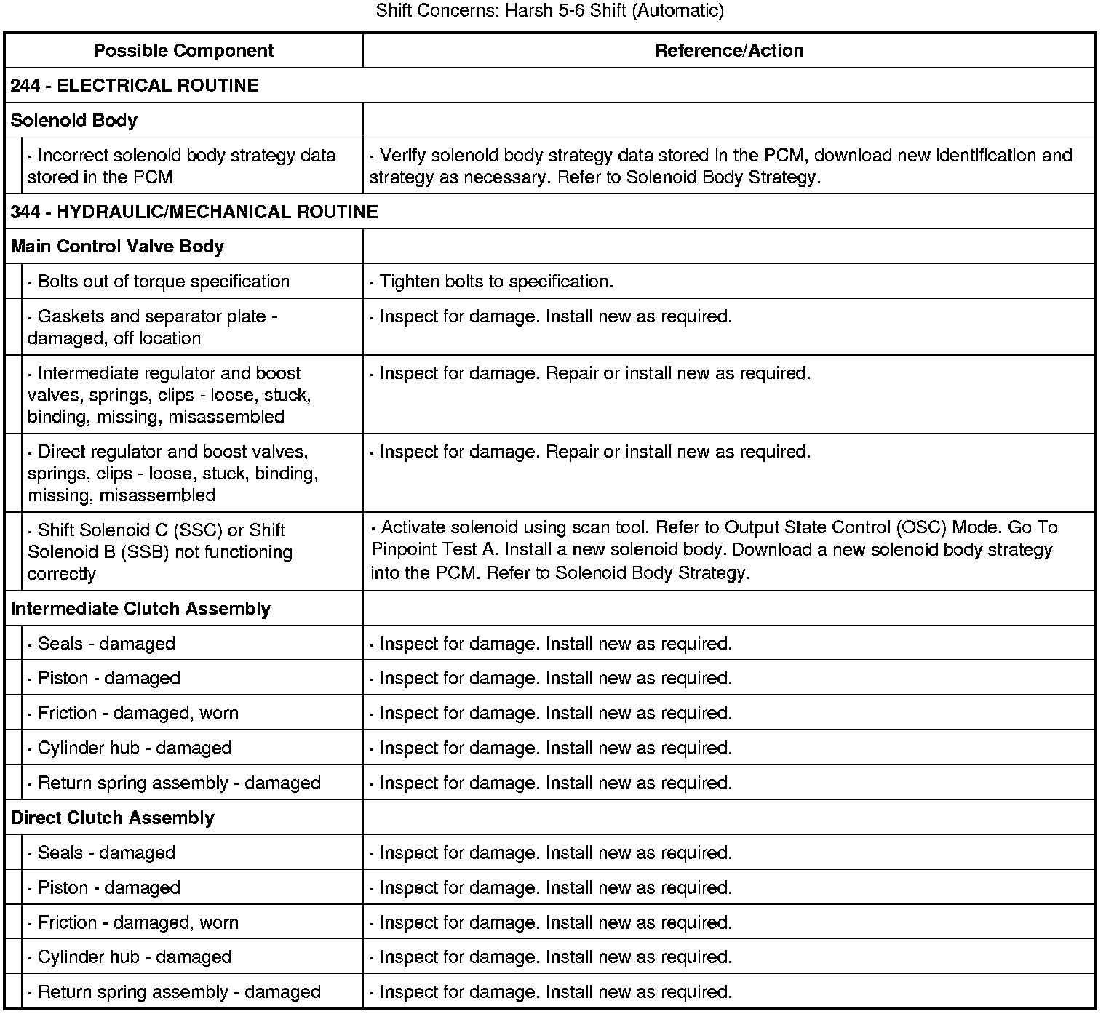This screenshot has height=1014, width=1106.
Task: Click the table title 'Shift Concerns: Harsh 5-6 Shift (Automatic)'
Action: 550,11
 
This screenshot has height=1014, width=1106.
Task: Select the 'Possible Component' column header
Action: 183,50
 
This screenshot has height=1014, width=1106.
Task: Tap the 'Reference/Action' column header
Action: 729,50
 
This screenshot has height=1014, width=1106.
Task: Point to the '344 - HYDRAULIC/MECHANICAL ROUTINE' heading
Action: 194,212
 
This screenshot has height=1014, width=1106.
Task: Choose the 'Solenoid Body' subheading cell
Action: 73,120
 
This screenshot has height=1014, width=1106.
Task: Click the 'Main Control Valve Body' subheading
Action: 117,247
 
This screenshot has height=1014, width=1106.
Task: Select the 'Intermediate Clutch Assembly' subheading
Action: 140,608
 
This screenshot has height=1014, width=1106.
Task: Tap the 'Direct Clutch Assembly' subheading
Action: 113,818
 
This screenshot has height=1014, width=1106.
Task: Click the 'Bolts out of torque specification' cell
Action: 163,282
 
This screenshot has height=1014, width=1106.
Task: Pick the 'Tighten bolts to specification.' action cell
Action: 496,282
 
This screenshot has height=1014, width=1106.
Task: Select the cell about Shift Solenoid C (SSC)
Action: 160,551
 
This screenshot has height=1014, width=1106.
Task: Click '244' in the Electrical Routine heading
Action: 25,85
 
